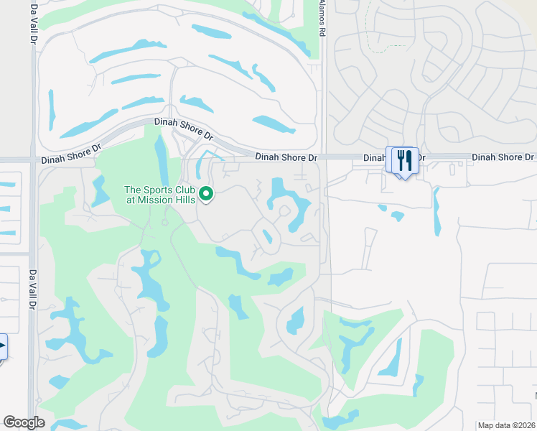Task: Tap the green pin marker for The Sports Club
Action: point(207,194)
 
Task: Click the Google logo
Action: point(24,422)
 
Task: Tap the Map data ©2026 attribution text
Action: point(506,425)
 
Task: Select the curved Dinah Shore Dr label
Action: point(184,129)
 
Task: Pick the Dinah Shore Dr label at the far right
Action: point(503,157)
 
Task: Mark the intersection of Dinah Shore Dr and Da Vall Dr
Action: point(33,160)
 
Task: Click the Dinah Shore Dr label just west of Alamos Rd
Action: point(286,157)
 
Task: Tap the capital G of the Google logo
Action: point(10,422)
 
